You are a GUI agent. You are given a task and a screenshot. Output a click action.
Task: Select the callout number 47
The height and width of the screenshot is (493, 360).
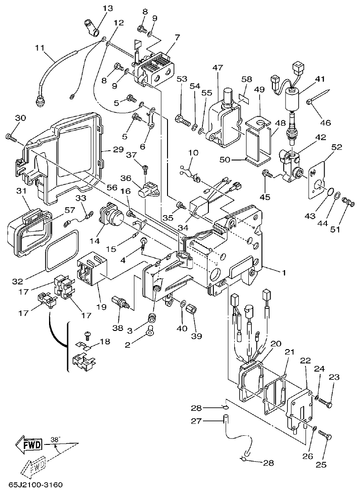(x=217, y=68)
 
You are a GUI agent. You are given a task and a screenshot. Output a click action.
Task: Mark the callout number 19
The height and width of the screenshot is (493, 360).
(x=101, y=307)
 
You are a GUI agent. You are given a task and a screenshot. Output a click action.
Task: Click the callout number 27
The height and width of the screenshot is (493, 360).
(x=196, y=421)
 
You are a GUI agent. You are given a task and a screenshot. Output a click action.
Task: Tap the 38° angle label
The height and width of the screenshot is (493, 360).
(x=55, y=439)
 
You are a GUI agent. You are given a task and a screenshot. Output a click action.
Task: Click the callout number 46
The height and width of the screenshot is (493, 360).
(x=326, y=122)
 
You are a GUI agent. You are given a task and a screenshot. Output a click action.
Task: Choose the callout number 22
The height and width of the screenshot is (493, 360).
(x=305, y=360)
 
